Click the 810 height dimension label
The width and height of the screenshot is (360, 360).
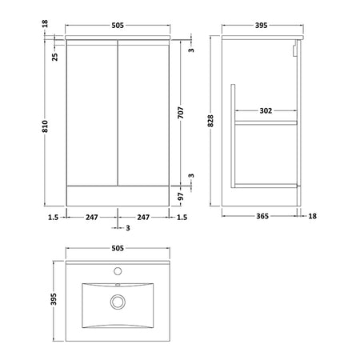click(x=46, y=126)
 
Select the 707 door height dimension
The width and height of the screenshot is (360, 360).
click(x=181, y=113)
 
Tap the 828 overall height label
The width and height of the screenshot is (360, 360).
click(x=210, y=121)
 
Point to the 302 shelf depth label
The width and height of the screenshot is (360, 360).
click(x=266, y=110)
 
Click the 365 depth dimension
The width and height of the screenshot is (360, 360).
click(x=262, y=216)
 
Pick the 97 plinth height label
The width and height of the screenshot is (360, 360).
click(x=181, y=197)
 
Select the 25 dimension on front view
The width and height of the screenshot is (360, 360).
click(x=54, y=57)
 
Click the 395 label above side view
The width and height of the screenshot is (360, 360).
click(x=261, y=26)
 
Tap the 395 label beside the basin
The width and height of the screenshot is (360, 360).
click(x=54, y=299)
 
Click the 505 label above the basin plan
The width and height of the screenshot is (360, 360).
click(x=118, y=248)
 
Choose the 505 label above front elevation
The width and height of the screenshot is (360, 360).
click(x=118, y=26)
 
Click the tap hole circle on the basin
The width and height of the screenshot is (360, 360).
click(x=118, y=271)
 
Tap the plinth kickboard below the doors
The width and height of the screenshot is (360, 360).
click(x=118, y=196)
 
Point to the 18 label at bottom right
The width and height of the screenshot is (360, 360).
click(x=312, y=216)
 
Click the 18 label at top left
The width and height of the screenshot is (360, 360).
click(x=45, y=23)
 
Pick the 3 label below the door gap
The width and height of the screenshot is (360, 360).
click(x=128, y=228)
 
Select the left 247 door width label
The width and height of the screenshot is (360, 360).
click(x=92, y=218)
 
